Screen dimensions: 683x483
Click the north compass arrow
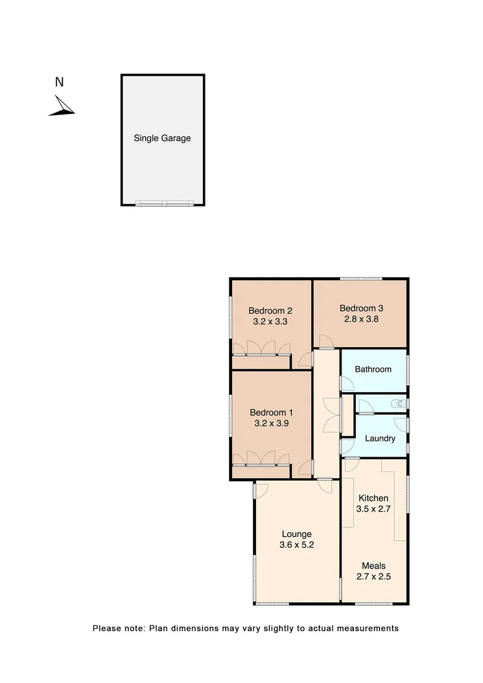pos(62,106)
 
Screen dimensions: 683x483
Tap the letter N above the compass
pos(59,82)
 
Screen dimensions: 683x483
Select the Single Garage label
pos(162,138)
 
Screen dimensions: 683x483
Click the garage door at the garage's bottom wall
pos(164,204)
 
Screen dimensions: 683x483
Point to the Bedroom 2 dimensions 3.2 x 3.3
pos(270,321)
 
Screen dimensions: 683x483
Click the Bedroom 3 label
pos(362,309)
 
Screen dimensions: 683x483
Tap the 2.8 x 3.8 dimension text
pos(362,319)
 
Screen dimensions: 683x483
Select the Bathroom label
pos(373,369)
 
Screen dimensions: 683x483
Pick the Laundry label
pos(381,438)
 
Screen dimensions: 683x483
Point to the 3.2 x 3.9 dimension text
pos(270,424)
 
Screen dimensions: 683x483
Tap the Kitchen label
pos(374,498)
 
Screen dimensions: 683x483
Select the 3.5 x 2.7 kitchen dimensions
pos(374,509)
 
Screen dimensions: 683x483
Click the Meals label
pos(374,566)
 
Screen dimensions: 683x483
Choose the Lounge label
pos(297,534)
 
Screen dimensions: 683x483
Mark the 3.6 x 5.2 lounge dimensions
pos(297,545)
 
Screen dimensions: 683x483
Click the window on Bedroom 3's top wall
pos(360,279)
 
